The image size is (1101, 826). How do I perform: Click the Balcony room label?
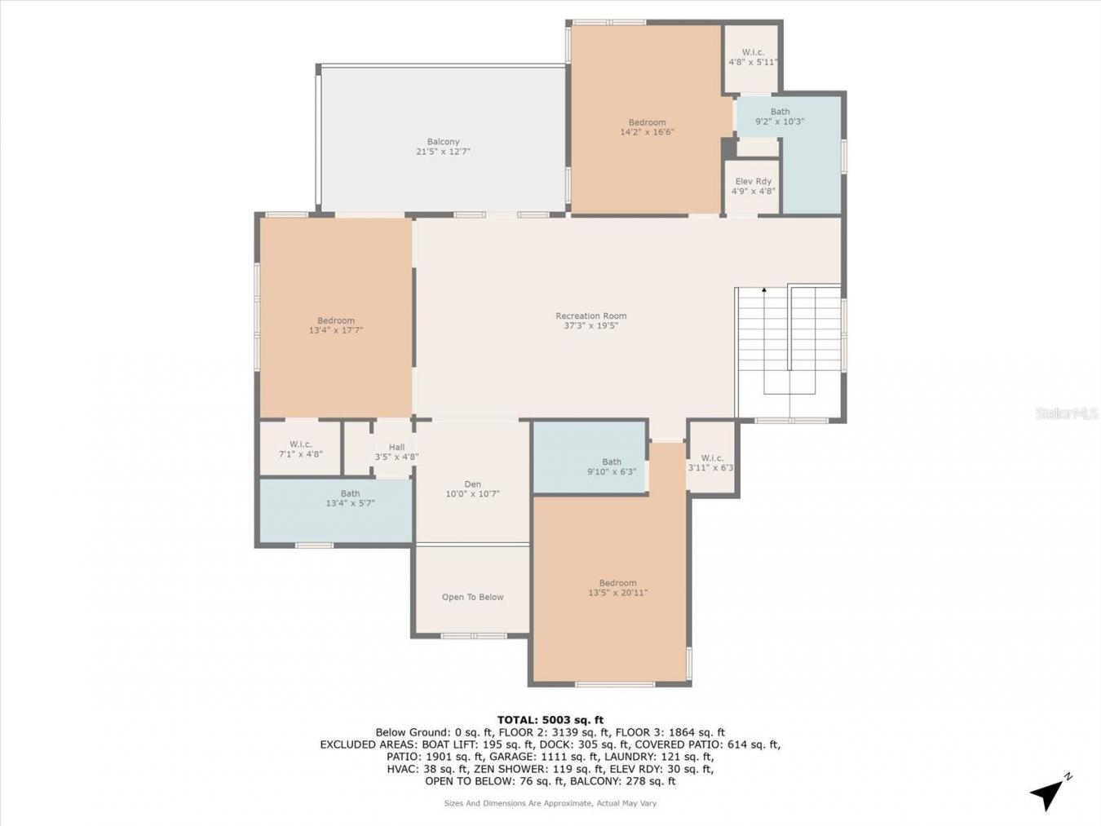pyautogui.click(x=443, y=142)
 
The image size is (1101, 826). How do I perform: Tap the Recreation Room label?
pyautogui.click(x=590, y=316)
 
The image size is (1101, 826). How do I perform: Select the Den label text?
pyautogui.click(x=472, y=484)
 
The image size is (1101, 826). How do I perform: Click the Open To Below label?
pyautogui.click(x=472, y=597)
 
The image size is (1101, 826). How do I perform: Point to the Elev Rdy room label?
pyautogui.click(x=753, y=182)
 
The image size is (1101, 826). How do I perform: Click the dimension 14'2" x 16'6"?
pyautogui.click(x=647, y=132)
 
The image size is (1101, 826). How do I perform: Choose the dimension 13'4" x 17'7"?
pyautogui.click(x=335, y=330)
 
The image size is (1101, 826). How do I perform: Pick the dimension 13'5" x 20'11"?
pyautogui.click(x=617, y=593)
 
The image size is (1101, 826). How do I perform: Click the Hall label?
pyautogui.click(x=396, y=447)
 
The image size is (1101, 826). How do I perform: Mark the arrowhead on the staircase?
pyautogui.click(x=764, y=289)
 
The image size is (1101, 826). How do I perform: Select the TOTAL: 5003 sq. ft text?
pyautogui.click(x=550, y=720)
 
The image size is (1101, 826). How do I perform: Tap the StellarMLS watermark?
pyautogui.click(x=1067, y=414)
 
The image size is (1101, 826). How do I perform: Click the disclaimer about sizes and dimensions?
pyautogui.click(x=550, y=803)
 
